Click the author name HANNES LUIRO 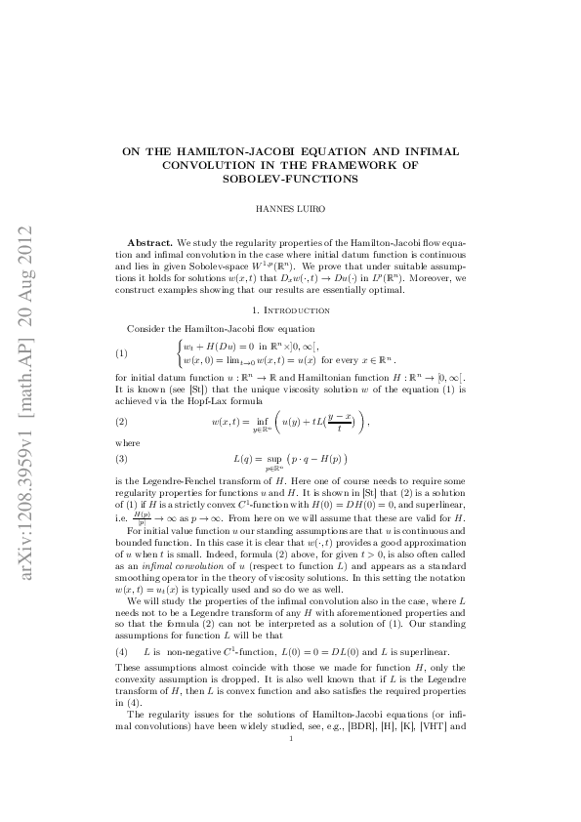coord(291,208)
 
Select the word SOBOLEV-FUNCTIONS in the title coord(291,180)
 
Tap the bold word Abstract coord(150,240)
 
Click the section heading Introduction coord(295,309)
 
